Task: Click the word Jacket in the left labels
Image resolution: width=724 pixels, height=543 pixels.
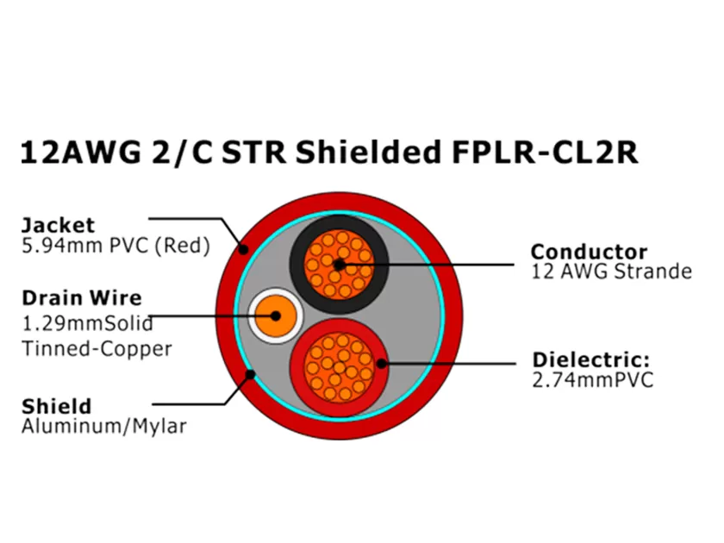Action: [x=57, y=226]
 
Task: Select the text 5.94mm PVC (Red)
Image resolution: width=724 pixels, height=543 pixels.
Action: [x=115, y=247]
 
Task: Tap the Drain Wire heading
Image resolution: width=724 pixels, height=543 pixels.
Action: [x=81, y=299]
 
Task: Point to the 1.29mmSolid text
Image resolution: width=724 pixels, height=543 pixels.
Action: [x=87, y=325]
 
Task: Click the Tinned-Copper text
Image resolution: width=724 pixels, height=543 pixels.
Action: [x=97, y=348]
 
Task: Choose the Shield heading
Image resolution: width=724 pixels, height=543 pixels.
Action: [x=56, y=406]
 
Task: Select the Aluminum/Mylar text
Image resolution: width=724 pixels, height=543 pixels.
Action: [x=103, y=426]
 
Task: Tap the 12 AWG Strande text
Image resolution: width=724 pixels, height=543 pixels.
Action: [x=611, y=272]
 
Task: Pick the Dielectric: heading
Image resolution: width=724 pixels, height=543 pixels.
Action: [x=590, y=359]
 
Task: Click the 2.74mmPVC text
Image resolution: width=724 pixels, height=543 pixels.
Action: [x=593, y=379]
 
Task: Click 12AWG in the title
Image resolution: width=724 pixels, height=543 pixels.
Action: [x=76, y=153]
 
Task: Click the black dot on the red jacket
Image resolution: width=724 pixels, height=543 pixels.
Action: [x=245, y=251]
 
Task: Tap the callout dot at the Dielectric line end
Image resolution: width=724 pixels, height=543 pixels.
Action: [x=381, y=363]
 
